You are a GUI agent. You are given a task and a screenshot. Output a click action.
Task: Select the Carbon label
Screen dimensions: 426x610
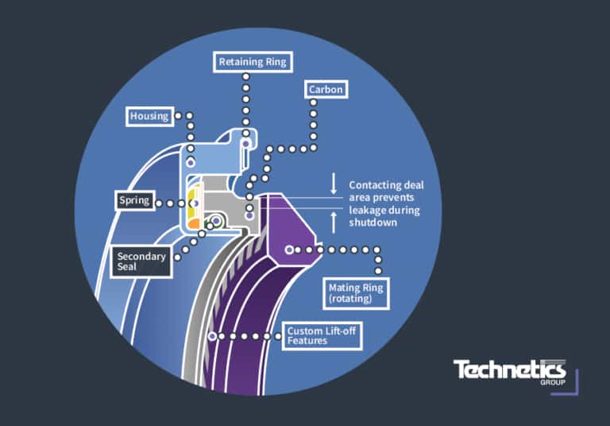(326, 90)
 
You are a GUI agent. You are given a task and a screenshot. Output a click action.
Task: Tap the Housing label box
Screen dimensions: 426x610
(150, 116)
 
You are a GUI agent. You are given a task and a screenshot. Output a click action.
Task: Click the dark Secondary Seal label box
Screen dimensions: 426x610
(142, 261)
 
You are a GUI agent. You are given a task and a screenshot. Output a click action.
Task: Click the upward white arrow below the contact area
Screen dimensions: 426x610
(334, 223)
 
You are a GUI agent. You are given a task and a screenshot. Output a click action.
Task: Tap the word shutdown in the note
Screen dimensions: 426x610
(374, 223)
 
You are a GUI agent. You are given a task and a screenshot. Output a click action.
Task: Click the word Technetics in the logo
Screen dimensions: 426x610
(509, 370)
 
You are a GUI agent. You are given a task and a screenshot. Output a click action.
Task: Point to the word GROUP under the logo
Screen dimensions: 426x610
(551, 383)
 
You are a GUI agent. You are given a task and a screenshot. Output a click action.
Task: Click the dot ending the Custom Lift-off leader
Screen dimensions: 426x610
(213, 336)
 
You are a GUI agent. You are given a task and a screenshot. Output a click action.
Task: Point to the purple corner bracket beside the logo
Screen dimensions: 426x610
(573, 384)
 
